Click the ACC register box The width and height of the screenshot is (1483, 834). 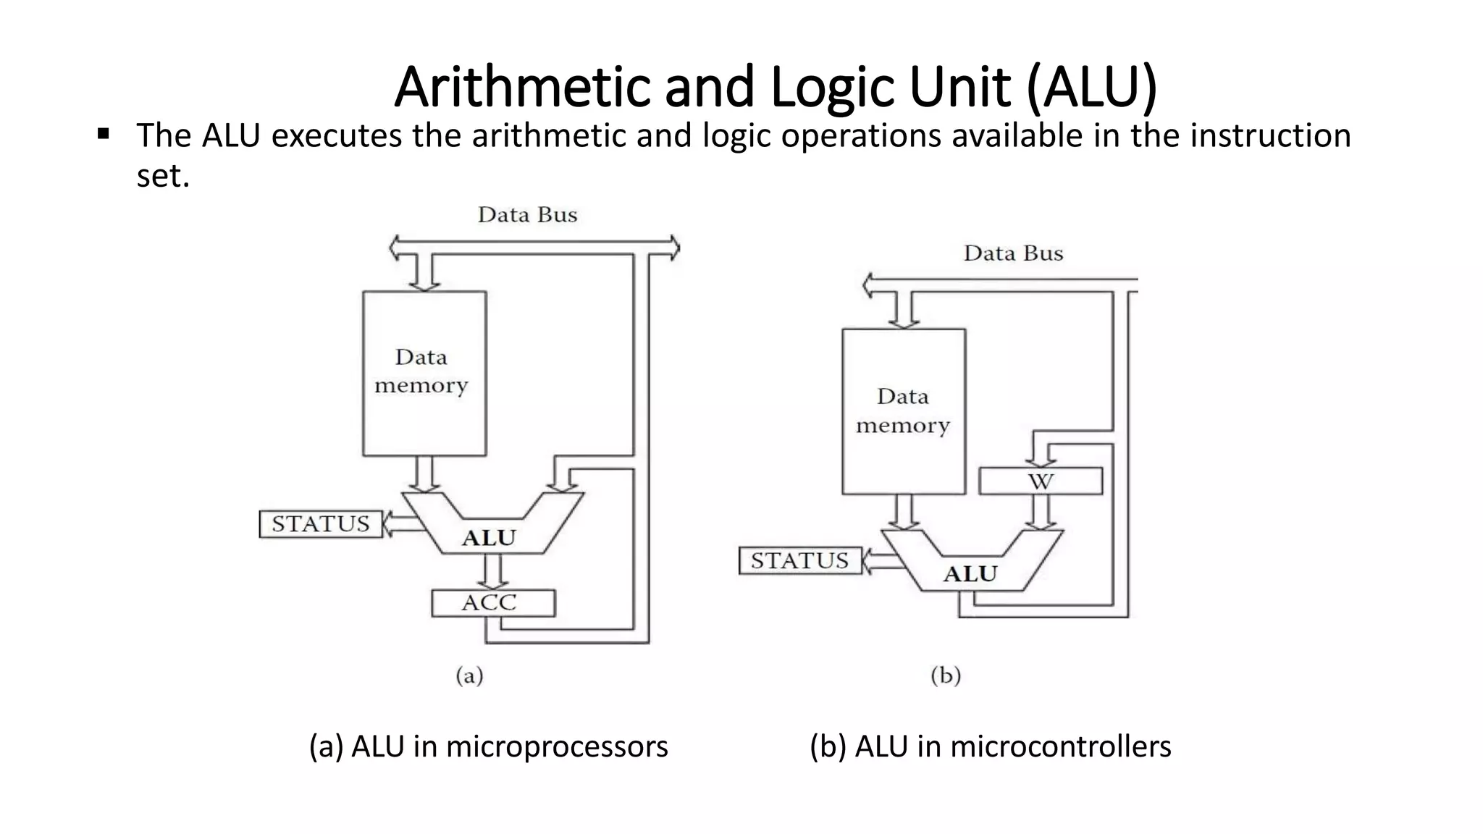(493, 603)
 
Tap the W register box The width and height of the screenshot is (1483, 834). (1041, 481)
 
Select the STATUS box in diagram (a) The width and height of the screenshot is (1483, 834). (320, 523)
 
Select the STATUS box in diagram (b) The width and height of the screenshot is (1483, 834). (799, 560)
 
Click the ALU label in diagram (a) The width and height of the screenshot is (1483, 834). (490, 538)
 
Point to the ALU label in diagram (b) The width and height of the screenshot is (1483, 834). (970, 574)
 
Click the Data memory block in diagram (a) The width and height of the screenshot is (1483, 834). (424, 373)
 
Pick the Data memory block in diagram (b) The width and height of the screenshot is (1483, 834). (903, 411)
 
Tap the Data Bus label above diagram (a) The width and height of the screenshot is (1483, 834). (527, 215)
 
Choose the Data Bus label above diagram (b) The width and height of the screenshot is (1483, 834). (1013, 253)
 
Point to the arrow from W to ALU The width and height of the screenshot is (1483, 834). (1041, 512)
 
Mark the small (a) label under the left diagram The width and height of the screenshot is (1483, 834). (469, 675)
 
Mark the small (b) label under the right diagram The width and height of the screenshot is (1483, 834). (946, 675)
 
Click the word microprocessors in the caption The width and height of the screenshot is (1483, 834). (556, 746)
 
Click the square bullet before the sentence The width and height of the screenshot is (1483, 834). (104, 134)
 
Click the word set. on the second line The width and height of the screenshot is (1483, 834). (163, 176)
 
